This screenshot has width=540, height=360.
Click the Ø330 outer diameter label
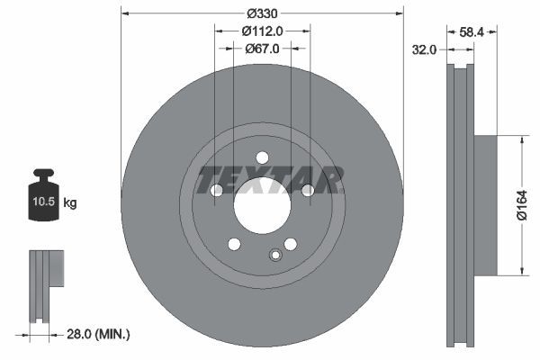click(262, 13)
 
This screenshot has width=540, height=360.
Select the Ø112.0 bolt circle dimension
click(263, 31)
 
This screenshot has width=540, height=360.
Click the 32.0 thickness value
click(424, 50)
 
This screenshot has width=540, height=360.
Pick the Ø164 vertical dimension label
click(523, 204)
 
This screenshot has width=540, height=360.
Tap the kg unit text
click(70, 203)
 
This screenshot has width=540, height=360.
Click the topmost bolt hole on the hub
click(262, 157)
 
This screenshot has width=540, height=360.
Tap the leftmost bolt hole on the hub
click(216, 190)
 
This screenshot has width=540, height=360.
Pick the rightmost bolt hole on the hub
click(308, 190)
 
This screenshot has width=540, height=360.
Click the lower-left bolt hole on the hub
click(234, 244)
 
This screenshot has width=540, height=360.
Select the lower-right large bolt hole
click(290, 244)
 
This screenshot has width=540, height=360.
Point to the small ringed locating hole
click(275, 254)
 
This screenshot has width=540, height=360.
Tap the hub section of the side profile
click(484, 205)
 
